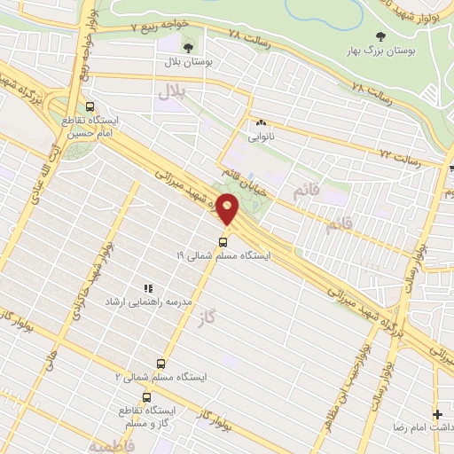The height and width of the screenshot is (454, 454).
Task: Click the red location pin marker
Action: point(228,208)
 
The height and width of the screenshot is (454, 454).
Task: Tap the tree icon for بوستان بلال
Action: point(186,46)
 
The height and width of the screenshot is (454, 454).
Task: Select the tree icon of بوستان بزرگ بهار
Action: point(380,36)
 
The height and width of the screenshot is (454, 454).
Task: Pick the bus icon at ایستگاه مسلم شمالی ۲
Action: point(160,364)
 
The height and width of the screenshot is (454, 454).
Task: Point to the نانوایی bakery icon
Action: point(260,123)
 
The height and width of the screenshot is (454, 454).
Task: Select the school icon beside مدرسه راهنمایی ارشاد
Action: point(148,288)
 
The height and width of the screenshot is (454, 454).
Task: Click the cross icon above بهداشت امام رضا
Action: point(436,413)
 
